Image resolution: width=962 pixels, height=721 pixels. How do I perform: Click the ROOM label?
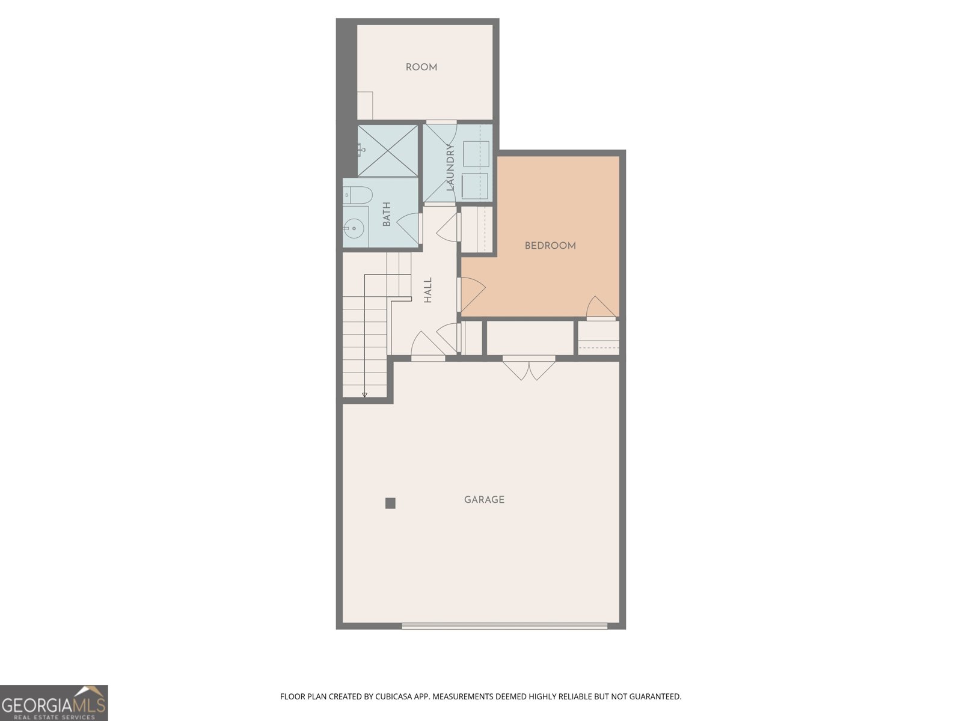tap(421, 67)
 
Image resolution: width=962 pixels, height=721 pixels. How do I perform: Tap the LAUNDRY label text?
tap(451, 168)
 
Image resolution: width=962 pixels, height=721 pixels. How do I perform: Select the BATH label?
tap(387, 214)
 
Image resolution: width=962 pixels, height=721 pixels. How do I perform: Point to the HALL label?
tap(428, 290)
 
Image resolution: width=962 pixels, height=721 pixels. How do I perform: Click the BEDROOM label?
tap(550, 246)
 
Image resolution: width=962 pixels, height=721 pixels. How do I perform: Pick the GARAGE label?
tap(484, 499)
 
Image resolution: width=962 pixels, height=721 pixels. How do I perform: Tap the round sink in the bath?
tap(354, 228)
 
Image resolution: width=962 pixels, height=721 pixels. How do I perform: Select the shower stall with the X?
tap(388, 150)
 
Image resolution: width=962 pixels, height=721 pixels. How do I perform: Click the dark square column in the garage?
tap(390, 503)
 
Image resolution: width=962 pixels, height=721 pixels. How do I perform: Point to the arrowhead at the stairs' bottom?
tap(364, 394)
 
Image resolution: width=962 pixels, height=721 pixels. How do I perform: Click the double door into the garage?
tap(529, 367)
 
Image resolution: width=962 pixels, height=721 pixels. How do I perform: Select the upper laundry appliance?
tap(476, 154)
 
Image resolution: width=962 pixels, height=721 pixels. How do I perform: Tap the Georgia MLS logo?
tap(54, 703)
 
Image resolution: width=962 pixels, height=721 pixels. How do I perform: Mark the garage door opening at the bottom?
tap(504, 626)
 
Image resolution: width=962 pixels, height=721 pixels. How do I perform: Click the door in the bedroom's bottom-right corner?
tap(601, 308)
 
